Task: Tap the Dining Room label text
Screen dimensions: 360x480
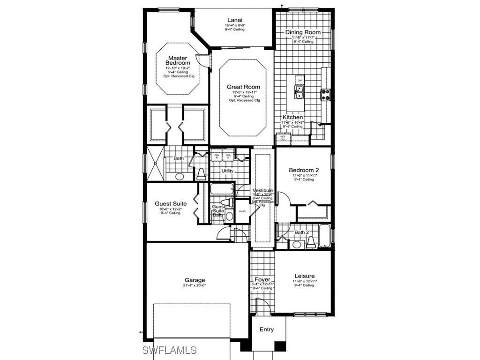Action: [303, 32]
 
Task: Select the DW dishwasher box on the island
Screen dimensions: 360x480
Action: [300, 81]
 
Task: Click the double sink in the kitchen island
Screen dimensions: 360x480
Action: [299, 91]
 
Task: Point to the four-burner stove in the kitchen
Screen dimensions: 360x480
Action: [325, 95]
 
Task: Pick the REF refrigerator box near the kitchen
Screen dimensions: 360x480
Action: [283, 138]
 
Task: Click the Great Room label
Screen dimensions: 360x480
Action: [243, 87]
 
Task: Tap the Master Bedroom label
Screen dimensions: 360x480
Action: [178, 60]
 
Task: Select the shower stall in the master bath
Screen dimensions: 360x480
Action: [154, 164]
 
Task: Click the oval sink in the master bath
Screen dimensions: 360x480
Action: [180, 177]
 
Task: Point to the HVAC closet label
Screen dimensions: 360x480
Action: [242, 211]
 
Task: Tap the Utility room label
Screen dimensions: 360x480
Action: [227, 171]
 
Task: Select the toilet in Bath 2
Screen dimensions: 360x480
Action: [310, 242]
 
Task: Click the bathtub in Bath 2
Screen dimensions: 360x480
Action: [324, 236]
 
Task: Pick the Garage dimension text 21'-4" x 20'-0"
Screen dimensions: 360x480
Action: [194, 285]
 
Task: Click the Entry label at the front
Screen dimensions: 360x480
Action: [267, 330]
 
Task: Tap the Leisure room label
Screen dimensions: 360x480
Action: [304, 276]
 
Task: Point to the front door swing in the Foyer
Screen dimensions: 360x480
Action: [263, 307]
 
